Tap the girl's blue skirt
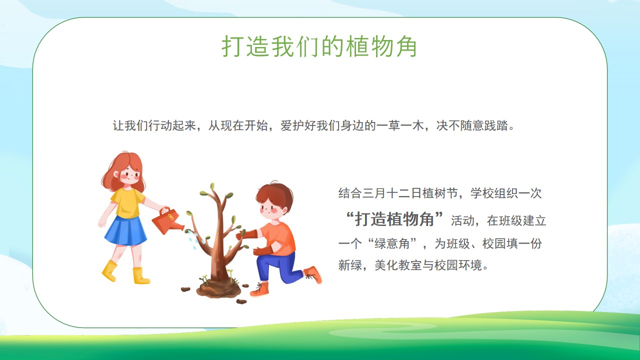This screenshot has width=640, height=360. (x=125, y=231)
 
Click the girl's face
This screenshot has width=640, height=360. (x=130, y=175)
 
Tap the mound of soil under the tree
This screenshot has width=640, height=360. (x=218, y=288)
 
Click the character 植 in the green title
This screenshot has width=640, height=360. (x=357, y=46)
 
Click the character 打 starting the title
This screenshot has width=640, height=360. (x=233, y=46)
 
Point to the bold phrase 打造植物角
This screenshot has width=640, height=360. (x=394, y=219)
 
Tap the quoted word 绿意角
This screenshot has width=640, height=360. (x=392, y=243)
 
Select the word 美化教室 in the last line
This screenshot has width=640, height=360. (x=398, y=265)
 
